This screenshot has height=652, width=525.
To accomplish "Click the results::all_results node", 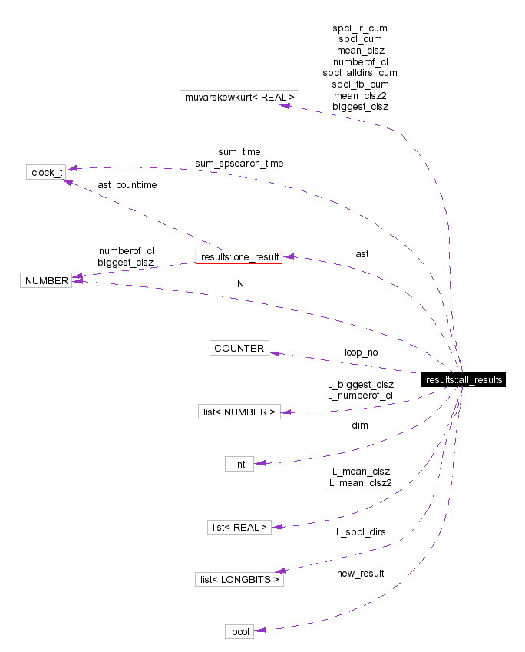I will pos(464,380).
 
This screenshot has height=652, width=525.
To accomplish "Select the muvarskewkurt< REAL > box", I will pos(238,98).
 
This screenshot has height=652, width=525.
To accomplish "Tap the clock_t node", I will pos(45,172).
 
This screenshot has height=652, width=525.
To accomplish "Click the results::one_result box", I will pos(239,256).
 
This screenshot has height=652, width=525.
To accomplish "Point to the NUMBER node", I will pos(45,281).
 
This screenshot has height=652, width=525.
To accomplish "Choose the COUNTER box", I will pos(239,348).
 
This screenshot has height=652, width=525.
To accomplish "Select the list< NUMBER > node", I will pos(239,412).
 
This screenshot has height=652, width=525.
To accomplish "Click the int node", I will pos(239,464).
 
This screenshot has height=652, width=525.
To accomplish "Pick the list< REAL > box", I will pos(239,527).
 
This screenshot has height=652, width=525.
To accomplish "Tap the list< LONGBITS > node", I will pos(239,579).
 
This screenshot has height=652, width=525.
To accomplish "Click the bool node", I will pos(239,631).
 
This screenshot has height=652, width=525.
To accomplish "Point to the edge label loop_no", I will pos(361,352).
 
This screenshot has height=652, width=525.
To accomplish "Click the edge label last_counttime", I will pos(126,185).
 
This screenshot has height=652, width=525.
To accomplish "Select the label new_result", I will pos(360,573).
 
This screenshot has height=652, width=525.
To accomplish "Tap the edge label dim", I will pos(360,425).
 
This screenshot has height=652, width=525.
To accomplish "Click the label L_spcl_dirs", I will pos(360,531).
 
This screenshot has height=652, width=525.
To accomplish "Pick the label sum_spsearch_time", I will pos(239,164).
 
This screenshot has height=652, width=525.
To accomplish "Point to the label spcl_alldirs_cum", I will pos(360,72).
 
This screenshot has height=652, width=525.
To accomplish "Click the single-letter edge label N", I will pos(240,283).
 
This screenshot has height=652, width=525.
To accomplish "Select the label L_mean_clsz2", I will pos(360,483).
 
